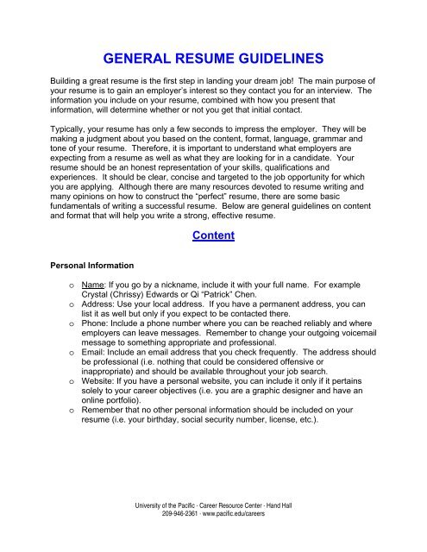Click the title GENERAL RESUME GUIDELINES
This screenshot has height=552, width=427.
[213, 60]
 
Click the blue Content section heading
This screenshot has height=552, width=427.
[213, 236]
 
